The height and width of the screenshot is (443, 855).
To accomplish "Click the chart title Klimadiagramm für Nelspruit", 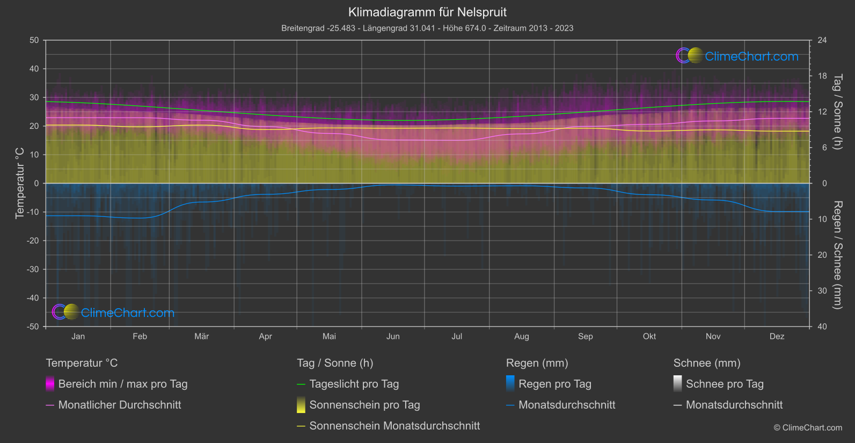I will (x=427, y=12).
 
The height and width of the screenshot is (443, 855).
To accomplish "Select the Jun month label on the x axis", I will (x=393, y=336).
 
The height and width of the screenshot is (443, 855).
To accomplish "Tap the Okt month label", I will (x=649, y=336).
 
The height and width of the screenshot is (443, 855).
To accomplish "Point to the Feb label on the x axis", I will (x=140, y=336).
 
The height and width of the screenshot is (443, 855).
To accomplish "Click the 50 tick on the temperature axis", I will (x=34, y=40).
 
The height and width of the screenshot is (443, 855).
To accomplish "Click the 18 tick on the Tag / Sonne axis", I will (x=822, y=76).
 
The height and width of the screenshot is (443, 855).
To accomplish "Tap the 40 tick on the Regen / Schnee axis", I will (x=822, y=326).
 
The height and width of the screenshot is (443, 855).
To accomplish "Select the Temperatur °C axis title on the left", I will (x=20, y=183).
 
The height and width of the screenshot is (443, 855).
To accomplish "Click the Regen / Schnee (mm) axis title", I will (x=837, y=255).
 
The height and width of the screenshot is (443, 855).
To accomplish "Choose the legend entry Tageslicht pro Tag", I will (x=354, y=384).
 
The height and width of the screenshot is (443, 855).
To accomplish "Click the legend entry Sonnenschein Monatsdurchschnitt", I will (x=394, y=426).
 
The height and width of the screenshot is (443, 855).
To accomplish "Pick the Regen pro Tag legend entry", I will (x=555, y=384).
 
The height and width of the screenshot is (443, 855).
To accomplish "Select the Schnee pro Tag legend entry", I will (x=725, y=384).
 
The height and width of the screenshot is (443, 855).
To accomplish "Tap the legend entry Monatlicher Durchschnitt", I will (x=120, y=405).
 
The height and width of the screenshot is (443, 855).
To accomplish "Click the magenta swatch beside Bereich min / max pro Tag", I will (x=50, y=384).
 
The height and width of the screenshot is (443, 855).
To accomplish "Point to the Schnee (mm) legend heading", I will (x=707, y=363).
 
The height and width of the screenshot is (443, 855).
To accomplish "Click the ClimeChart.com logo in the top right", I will (x=737, y=56).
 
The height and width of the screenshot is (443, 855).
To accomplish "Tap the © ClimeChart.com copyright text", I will (x=808, y=427).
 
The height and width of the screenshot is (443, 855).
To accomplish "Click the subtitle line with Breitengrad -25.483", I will (x=427, y=28).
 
